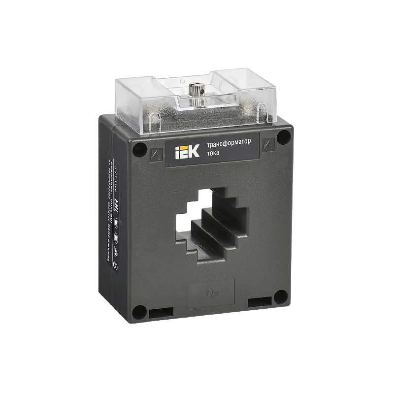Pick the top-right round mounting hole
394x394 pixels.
[x=283, y=137]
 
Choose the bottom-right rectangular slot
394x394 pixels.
[x=260, y=302]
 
